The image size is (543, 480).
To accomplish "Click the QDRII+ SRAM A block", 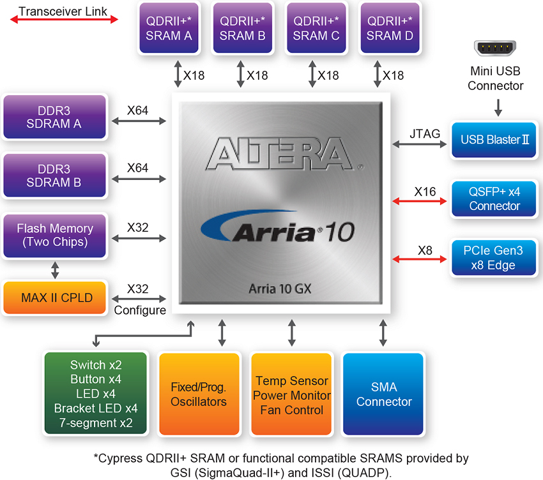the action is click(169, 28).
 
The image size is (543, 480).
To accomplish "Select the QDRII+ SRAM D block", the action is click(390, 28).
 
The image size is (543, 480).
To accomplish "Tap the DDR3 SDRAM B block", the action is click(54, 176).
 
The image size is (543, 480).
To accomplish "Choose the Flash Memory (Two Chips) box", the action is click(54, 236).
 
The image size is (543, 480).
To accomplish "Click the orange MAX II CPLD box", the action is click(54, 297).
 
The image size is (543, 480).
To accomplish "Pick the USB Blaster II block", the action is click(494, 140).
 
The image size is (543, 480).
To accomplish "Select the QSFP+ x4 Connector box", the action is click(494, 199).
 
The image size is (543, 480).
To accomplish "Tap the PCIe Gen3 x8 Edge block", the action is click(494, 258).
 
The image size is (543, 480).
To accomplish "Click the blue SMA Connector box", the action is click(383, 394).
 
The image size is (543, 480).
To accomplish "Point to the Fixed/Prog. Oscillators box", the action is click(199, 394).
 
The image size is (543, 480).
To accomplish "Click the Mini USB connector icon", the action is click(495, 48).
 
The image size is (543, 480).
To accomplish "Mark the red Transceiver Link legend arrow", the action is click(64, 19).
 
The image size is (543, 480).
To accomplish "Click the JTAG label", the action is click(425, 133).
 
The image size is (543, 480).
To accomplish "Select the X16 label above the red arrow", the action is click(425, 191).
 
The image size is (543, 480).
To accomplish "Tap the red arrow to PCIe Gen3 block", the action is click(419, 259).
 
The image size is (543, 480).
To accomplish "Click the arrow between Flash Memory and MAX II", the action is click(55, 270).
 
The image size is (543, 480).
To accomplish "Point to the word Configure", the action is click(140, 310).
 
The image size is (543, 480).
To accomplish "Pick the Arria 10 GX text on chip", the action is click(280, 289).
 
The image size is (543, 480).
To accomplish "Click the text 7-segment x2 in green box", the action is click(96, 423).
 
